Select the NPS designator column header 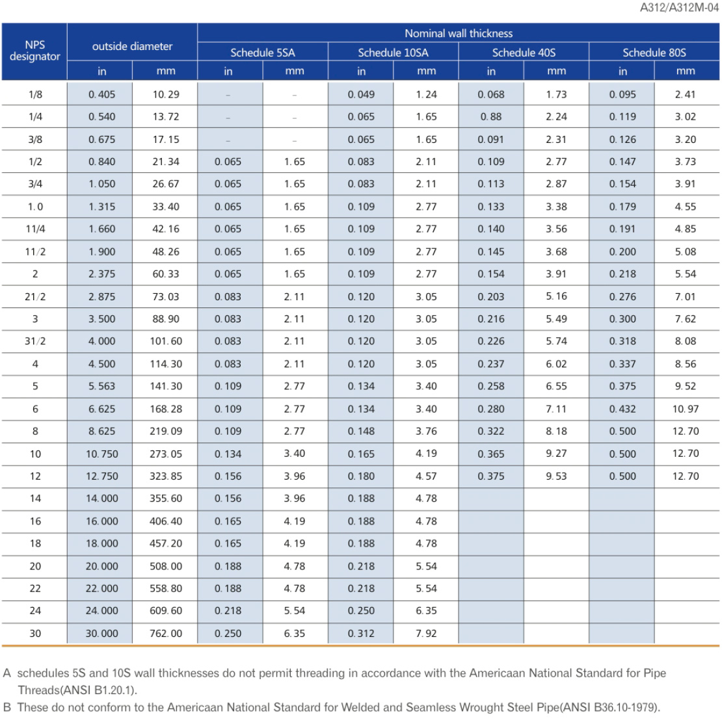tap(34, 51)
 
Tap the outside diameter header tap(132, 46)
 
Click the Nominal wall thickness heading tap(459, 33)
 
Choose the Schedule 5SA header tap(263, 53)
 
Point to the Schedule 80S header tap(654, 53)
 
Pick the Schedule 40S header tap(524, 53)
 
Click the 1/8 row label tap(35, 94)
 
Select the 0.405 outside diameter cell tap(102, 94)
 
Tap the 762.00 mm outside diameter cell tap(166, 633)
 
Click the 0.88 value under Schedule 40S tap(491, 117)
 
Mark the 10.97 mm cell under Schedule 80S tap(686, 409)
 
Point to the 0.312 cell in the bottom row tap(361, 633)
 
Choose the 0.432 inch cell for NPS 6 tap(622, 409)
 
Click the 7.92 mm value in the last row tap(426, 633)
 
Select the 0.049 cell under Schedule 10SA tap(361, 94)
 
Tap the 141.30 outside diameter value tap(166, 386)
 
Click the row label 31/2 tap(35, 341)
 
